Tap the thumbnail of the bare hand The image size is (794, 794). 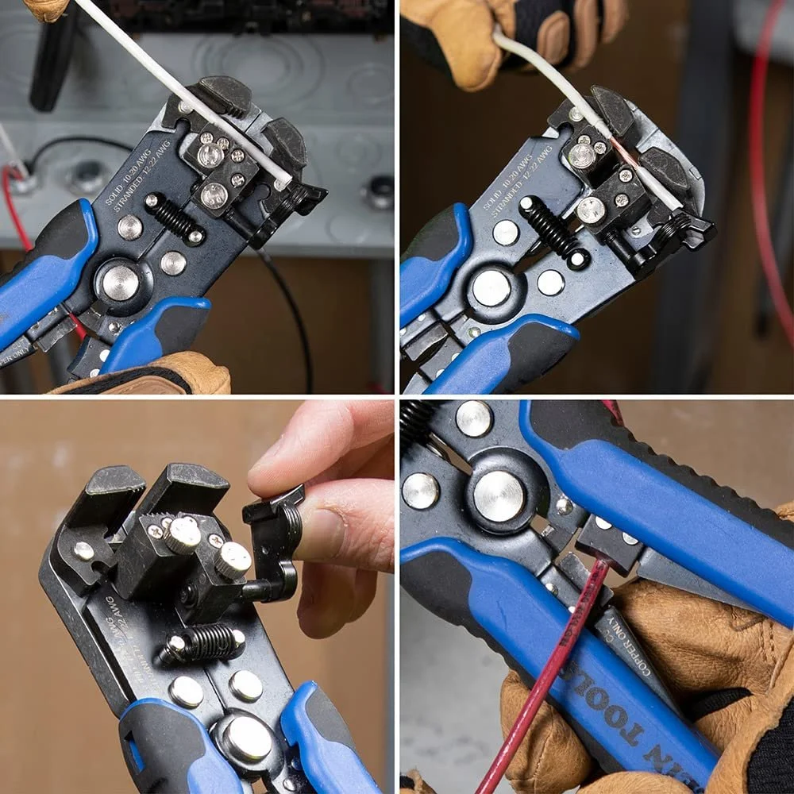click(333, 508)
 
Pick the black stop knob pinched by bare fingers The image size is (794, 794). click(274, 540)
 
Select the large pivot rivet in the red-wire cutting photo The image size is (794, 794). click(499, 496)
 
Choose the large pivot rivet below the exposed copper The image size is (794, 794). click(491, 287)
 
